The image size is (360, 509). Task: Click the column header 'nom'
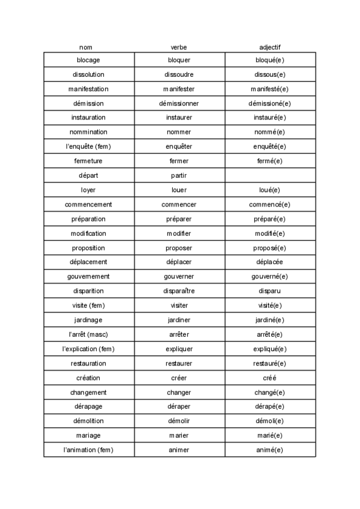click(x=86, y=47)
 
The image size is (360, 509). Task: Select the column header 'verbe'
click(x=179, y=47)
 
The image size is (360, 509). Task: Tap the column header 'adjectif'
click(x=269, y=47)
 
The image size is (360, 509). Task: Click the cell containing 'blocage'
click(x=89, y=60)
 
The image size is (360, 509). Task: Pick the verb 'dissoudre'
click(x=179, y=74)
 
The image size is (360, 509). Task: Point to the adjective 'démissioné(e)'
click(x=269, y=103)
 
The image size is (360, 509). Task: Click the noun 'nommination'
click(x=89, y=132)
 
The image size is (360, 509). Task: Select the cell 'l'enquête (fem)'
click(x=89, y=146)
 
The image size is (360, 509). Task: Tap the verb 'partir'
click(x=179, y=175)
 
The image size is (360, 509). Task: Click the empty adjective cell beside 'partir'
click(x=270, y=175)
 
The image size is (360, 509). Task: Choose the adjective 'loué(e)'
click(x=269, y=190)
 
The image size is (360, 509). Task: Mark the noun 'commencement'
click(x=89, y=204)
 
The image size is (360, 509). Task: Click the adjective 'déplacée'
click(x=269, y=262)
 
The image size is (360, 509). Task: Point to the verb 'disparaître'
click(x=179, y=291)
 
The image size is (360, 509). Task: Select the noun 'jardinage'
click(x=89, y=319)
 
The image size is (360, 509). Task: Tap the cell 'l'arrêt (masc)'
click(x=89, y=334)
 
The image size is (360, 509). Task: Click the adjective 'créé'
click(x=269, y=378)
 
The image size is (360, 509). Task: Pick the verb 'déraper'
click(x=179, y=406)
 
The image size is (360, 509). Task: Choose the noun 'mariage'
click(x=89, y=435)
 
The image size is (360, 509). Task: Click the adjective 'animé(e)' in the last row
click(x=269, y=450)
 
